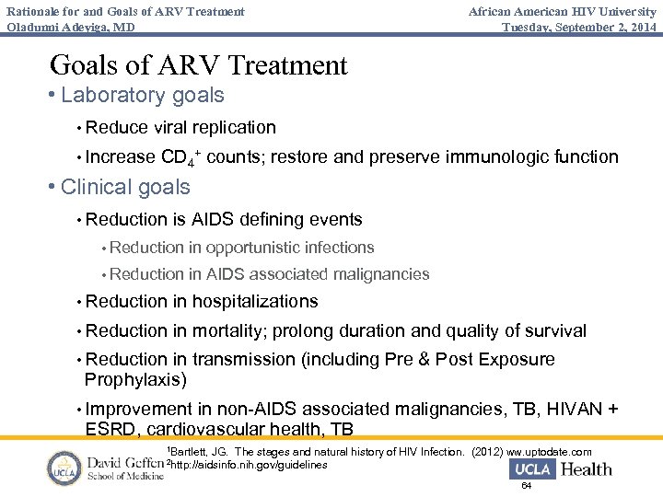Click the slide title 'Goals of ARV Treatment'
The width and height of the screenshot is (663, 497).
(x=198, y=65)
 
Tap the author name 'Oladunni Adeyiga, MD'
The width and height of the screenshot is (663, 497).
(x=70, y=27)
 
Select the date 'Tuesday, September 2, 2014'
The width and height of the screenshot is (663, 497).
(x=579, y=27)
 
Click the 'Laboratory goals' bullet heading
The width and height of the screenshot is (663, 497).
(x=143, y=95)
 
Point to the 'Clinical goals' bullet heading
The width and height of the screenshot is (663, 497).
(x=125, y=187)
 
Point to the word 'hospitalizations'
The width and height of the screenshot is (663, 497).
(x=255, y=301)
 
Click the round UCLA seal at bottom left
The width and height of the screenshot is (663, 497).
(x=64, y=468)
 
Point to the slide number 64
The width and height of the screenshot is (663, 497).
(x=527, y=486)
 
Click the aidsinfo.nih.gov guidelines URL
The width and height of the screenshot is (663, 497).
(x=249, y=465)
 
